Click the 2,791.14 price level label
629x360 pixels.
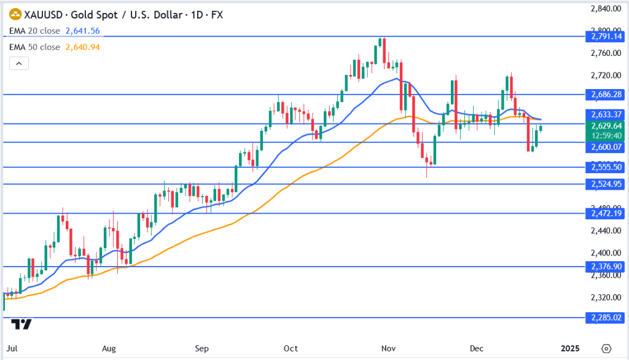(606, 37)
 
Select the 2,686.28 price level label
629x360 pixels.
(606, 95)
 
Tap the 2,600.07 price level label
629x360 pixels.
(606, 147)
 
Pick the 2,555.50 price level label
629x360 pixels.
(606, 167)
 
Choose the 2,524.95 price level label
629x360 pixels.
(606, 184)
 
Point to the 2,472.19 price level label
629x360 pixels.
(606, 213)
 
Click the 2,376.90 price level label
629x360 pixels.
(606, 266)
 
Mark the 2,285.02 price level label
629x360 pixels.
(606, 318)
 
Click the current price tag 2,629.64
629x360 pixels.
(606, 126)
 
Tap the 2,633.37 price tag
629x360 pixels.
(606, 114)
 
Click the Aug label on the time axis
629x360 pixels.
(109, 348)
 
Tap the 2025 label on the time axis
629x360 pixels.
(570, 348)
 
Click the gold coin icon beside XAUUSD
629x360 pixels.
(15, 14)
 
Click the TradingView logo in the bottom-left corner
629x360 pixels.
(22, 324)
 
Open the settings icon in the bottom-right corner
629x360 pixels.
(606, 348)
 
